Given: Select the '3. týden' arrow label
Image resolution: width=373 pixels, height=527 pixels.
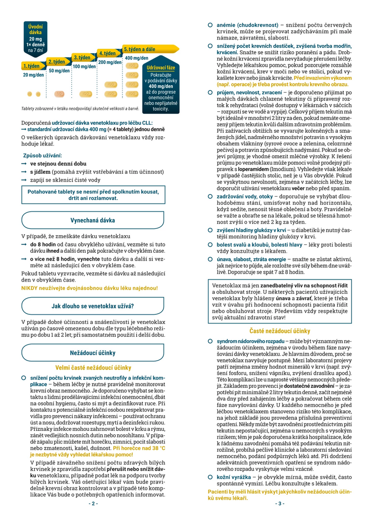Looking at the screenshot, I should (x=83, y=58).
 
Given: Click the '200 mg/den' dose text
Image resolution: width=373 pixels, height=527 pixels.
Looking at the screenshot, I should (x=110, y=62).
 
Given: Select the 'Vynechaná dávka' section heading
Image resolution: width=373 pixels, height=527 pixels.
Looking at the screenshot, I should (x=93, y=220).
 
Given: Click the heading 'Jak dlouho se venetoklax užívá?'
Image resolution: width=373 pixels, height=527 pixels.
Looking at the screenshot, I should (x=93, y=306).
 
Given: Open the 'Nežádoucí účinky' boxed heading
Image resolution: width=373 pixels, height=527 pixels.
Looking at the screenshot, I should (x=93, y=352).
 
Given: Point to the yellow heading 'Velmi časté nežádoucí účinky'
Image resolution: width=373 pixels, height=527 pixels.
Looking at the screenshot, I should (x=93, y=367).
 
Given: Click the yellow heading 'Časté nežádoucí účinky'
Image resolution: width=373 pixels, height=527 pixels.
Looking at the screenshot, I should (x=280, y=331).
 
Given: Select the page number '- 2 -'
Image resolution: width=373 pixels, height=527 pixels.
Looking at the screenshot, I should (x=93, y=503).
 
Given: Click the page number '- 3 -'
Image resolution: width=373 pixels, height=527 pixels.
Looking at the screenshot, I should (x=280, y=503).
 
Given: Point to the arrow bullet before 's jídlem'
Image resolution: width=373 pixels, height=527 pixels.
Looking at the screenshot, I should (x=23, y=172).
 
